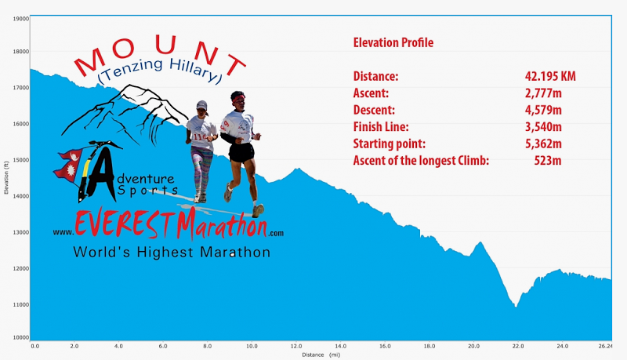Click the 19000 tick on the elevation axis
pyautogui.click(x=21, y=18)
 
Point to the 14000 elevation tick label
pyautogui.click(x=21, y=196)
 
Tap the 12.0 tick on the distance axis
pyautogui.click(x=296, y=346)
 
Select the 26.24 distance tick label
pyautogui.click(x=605, y=346)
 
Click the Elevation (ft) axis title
pyautogui.click(x=6, y=178)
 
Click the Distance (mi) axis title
pyautogui.click(x=321, y=355)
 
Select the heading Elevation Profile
pyautogui.click(x=393, y=43)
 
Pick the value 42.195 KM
pyautogui.click(x=550, y=76)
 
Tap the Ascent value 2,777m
pyautogui.click(x=543, y=93)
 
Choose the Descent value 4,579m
pyautogui.click(x=543, y=110)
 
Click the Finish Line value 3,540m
pyautogui.click(x=543, y=127)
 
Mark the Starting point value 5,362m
pyautogui.click(x=543, y=144)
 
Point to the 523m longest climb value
pyautogui.click(x=548, y=161)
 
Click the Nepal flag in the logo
pyautogui.click(x=69, y=165)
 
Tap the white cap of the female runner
pyautogui.click(x=202, y=105)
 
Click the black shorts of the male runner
pyautogui.click(x=241, y=152)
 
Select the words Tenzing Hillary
pyautogui.click(x=160, y=71)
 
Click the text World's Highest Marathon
pyautogui.click(x=172, y=252)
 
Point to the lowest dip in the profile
pyautogui.click(x=516, y=306)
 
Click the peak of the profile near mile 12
pyautogui.click(x=298, y=169)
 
